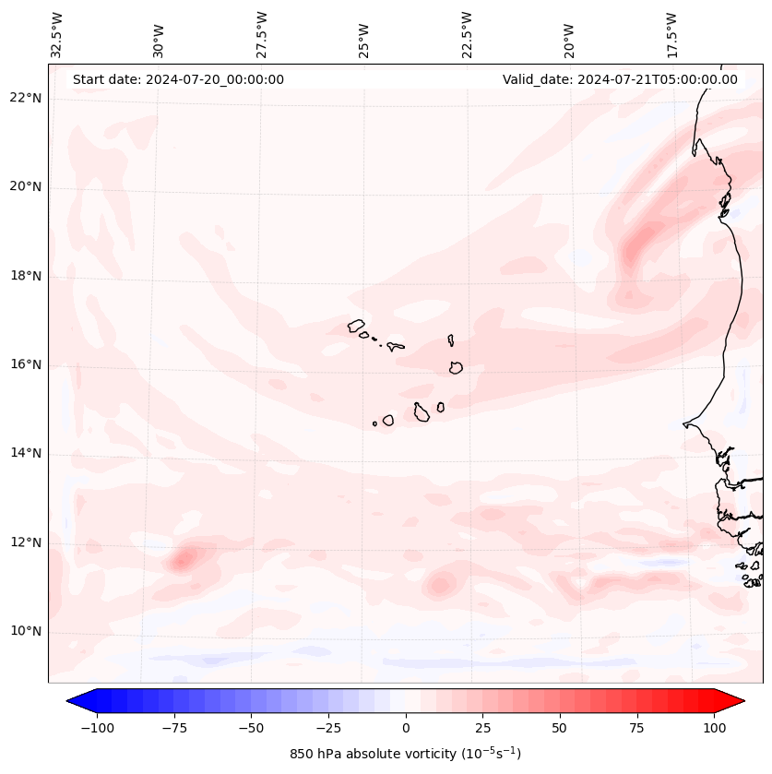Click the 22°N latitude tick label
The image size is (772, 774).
point(27,99)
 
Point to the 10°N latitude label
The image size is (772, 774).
point(27,632)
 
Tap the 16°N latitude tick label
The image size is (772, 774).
point(27,365)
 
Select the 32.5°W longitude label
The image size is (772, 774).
point(58,34)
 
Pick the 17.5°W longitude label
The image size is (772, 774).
point(672,34)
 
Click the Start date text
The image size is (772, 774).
point(178,79)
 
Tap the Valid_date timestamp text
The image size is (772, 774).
point(620,79)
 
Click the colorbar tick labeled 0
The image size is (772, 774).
point(406,728)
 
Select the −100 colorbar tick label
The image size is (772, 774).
point(97,728)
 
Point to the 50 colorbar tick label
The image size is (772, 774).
point(560,728)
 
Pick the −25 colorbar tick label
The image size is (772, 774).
point(328,728)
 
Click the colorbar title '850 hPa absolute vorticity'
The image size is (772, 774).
point(405,754)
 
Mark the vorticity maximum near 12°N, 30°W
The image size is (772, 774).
point(183,557)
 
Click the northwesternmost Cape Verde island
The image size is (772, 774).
point(356,325)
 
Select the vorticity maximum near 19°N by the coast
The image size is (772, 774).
point(635,247)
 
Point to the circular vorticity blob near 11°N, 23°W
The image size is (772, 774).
point(440,583)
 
